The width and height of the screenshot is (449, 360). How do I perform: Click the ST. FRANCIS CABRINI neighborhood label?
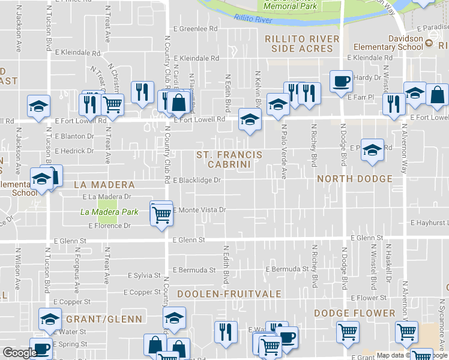[x=229, y=159]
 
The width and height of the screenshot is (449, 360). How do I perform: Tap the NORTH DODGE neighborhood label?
[x=354, y=179]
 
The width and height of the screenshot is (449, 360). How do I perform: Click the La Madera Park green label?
[x=109, y=212]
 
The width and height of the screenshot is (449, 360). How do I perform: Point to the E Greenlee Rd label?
[x=195, y=28]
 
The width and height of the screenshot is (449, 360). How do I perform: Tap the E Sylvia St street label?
[x=143, y=275]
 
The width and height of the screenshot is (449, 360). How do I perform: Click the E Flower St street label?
[x=369, y=298]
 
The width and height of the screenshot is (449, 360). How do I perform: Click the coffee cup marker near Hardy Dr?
[x=341, y=81]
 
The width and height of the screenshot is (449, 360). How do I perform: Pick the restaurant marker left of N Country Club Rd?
[x=142, y=92]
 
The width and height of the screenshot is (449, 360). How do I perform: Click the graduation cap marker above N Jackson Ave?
[x=38, y=107]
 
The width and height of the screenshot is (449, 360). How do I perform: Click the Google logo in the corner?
[x=19, y=353]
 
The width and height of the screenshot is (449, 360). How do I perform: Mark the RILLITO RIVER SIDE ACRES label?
[x=301, y=43]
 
